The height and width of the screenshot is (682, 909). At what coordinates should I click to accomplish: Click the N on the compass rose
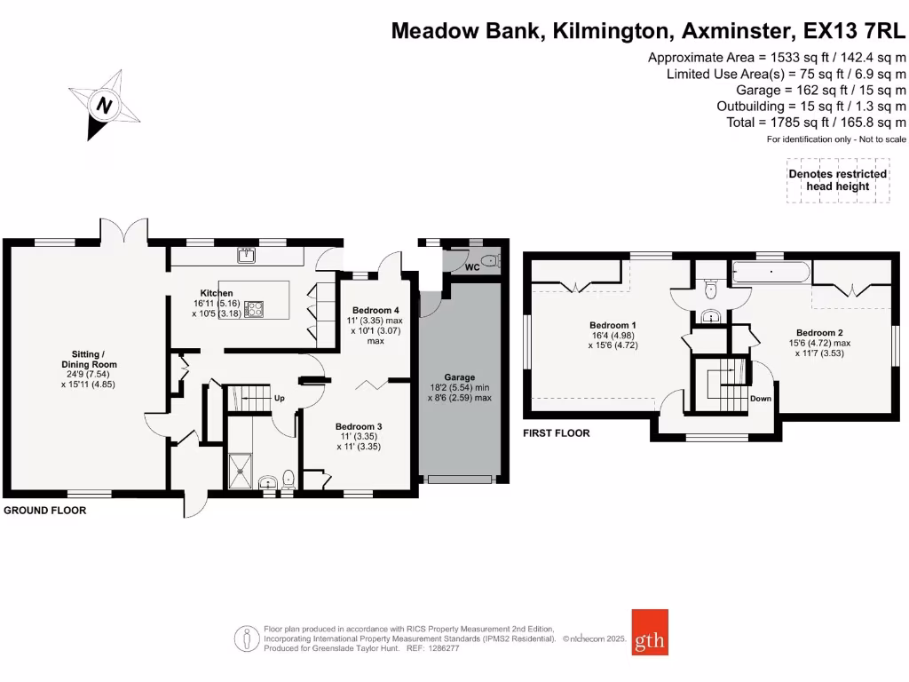pyautogui.click(x=106, y=105)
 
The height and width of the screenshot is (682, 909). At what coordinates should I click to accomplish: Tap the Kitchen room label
pyautogui.click(x=216, y=293)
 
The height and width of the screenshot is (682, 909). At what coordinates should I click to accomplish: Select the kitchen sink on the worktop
pyautogui.click(x=247, y=257)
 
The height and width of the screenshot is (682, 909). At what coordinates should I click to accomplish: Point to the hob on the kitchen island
pyautogui.click(x=255, y=309)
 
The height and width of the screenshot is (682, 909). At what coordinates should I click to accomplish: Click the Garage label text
pyautogui.click(x=460, y=377)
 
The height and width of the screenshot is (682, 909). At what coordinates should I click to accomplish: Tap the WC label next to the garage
pyautogui.click(x=472, y=266)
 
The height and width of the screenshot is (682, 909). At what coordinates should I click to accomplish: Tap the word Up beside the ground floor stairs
pyautogui.click(x=278, y=397)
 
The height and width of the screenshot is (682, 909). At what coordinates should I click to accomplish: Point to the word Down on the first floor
pyautogui.click(x=761, y=399)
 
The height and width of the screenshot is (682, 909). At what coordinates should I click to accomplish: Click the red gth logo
pyautogui.click(x=650, y=631)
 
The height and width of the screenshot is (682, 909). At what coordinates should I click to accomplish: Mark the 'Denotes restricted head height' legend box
pyautogui.click(x=838, y=180)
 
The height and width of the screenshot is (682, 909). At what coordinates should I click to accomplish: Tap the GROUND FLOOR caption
pyautogui.click(x=44, y=511)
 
